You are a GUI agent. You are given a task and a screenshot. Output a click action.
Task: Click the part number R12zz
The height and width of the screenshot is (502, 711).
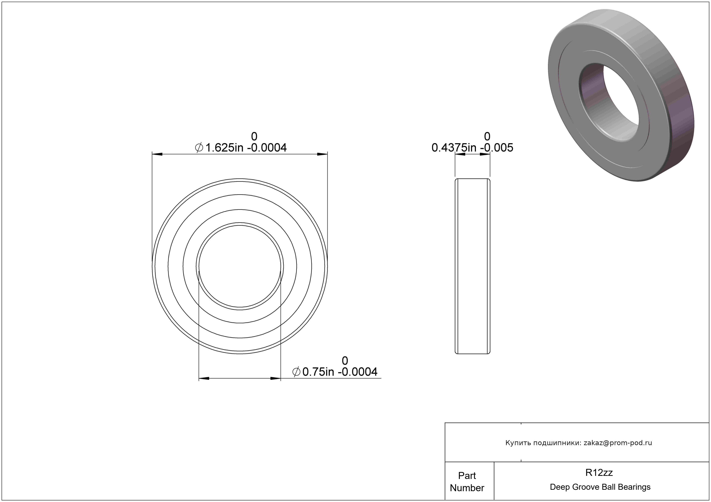tap(599, 473)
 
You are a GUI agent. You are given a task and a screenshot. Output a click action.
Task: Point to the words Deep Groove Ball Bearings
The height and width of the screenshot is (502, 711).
tap(600, 487)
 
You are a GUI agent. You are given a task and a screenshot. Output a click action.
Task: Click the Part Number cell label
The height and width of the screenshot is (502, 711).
tap(467, 482)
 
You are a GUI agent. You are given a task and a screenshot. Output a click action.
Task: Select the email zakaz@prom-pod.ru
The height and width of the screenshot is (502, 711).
tap(618, 443)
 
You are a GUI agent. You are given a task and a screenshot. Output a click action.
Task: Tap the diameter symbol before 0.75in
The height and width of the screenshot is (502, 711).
tap(296, 372)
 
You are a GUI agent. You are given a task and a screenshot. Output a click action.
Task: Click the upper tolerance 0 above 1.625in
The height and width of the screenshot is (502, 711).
tap(254, 136)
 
